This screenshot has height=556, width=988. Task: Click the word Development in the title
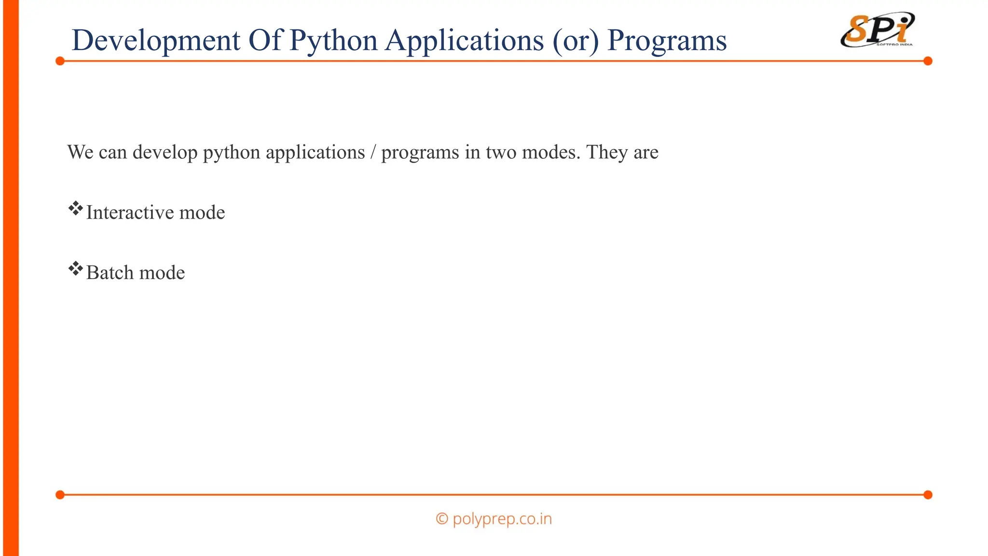coord(155,41)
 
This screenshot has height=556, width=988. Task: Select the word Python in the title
coord(333,41)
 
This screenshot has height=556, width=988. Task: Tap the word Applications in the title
coord(464,41)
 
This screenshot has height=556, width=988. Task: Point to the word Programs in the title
coord(667,41)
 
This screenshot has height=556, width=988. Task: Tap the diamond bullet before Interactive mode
coord(75,209)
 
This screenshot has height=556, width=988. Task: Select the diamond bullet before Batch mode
coord(75,269)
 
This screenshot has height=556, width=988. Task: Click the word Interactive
coord(129,212)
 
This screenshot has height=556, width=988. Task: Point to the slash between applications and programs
coord(373,153)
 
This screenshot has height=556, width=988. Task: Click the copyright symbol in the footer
coord(442,519)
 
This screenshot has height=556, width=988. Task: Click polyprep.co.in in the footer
coord(502,519)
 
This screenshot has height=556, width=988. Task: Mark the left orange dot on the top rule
coord(60,61)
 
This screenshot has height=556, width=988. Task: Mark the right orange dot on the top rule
coord(928,61)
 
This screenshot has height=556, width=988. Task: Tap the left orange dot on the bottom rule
coord(60,495)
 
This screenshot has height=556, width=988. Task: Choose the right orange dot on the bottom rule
coord(928,495)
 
